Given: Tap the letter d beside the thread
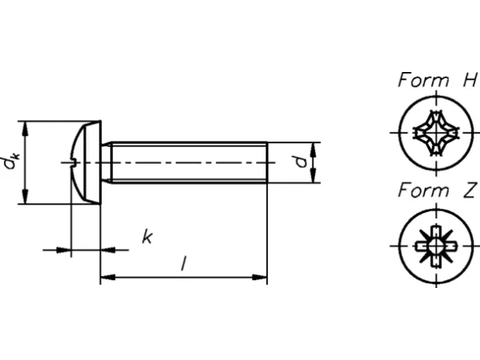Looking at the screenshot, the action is tap(301, 162).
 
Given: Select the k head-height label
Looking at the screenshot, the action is tap(147, 237).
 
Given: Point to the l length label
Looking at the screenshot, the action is tap(184, 263).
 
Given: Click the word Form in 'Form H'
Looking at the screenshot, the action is tap(423, 80).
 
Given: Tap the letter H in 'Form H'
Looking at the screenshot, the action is tap(470, 80).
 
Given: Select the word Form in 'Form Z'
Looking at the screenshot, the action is tap(423, 190).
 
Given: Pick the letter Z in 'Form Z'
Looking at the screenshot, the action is tap(470, 190).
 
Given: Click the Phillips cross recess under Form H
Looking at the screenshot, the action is tap(436, 133).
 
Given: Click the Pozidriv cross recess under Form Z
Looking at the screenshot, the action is tap(436, 246).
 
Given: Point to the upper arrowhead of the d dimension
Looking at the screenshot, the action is tap(313, 150).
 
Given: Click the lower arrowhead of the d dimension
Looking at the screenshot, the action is tap(313, 176).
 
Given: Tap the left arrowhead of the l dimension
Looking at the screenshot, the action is tap(108, 278).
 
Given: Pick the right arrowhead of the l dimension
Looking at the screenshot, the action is tap(259, 278).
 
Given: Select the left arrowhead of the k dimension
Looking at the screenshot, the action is tap(64, 250).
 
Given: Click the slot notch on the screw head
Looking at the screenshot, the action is tap(74, 162).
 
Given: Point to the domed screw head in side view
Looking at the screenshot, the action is tap(86, 162).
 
